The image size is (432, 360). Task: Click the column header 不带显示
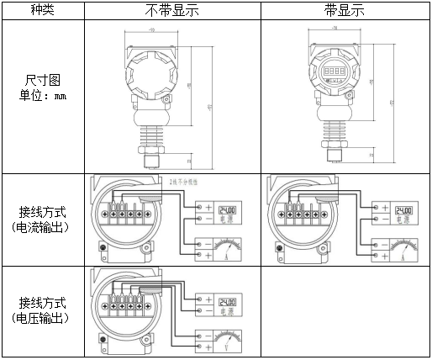point(172,11)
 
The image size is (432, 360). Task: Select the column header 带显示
point(345,11)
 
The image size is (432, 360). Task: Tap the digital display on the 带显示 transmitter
point(333,71)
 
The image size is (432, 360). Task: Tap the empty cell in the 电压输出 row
point(345,311)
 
